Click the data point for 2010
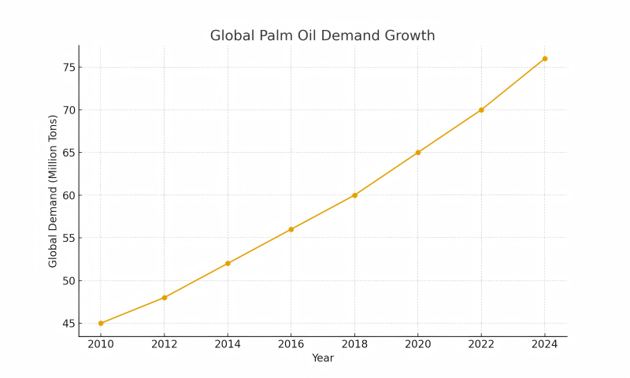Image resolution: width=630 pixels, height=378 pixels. click(101, 323)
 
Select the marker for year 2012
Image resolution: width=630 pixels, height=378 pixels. click(164, 298)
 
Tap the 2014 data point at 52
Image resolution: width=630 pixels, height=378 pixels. click(228, 263)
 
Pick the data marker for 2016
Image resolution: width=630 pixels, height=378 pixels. click(291, 229)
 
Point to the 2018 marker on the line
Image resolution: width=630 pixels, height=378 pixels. click(354, 195)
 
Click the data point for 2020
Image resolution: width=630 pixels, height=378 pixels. click(417, 152)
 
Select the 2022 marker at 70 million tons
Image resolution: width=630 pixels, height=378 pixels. click(481, 109)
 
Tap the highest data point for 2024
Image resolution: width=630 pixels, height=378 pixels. click(544, 58)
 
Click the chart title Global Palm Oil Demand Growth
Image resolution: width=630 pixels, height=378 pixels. click(322, 36)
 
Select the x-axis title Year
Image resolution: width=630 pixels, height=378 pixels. click(322, 358)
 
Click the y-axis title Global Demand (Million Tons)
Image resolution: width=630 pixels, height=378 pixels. click(54, 191)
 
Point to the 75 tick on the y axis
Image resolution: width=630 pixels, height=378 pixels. click(68, 67)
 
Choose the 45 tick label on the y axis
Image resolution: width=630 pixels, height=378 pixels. click(68, 323)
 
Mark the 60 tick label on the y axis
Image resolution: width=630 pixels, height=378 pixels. click(68, 195)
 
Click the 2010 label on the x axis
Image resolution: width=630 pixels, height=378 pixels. click(101, 344)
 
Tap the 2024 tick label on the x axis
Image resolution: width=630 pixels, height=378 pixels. click(544, 344)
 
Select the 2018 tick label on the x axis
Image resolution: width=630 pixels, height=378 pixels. click(354, 344)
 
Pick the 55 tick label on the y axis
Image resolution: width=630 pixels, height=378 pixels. click(68, 238)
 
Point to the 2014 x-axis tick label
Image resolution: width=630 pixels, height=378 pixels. click(228, 344)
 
